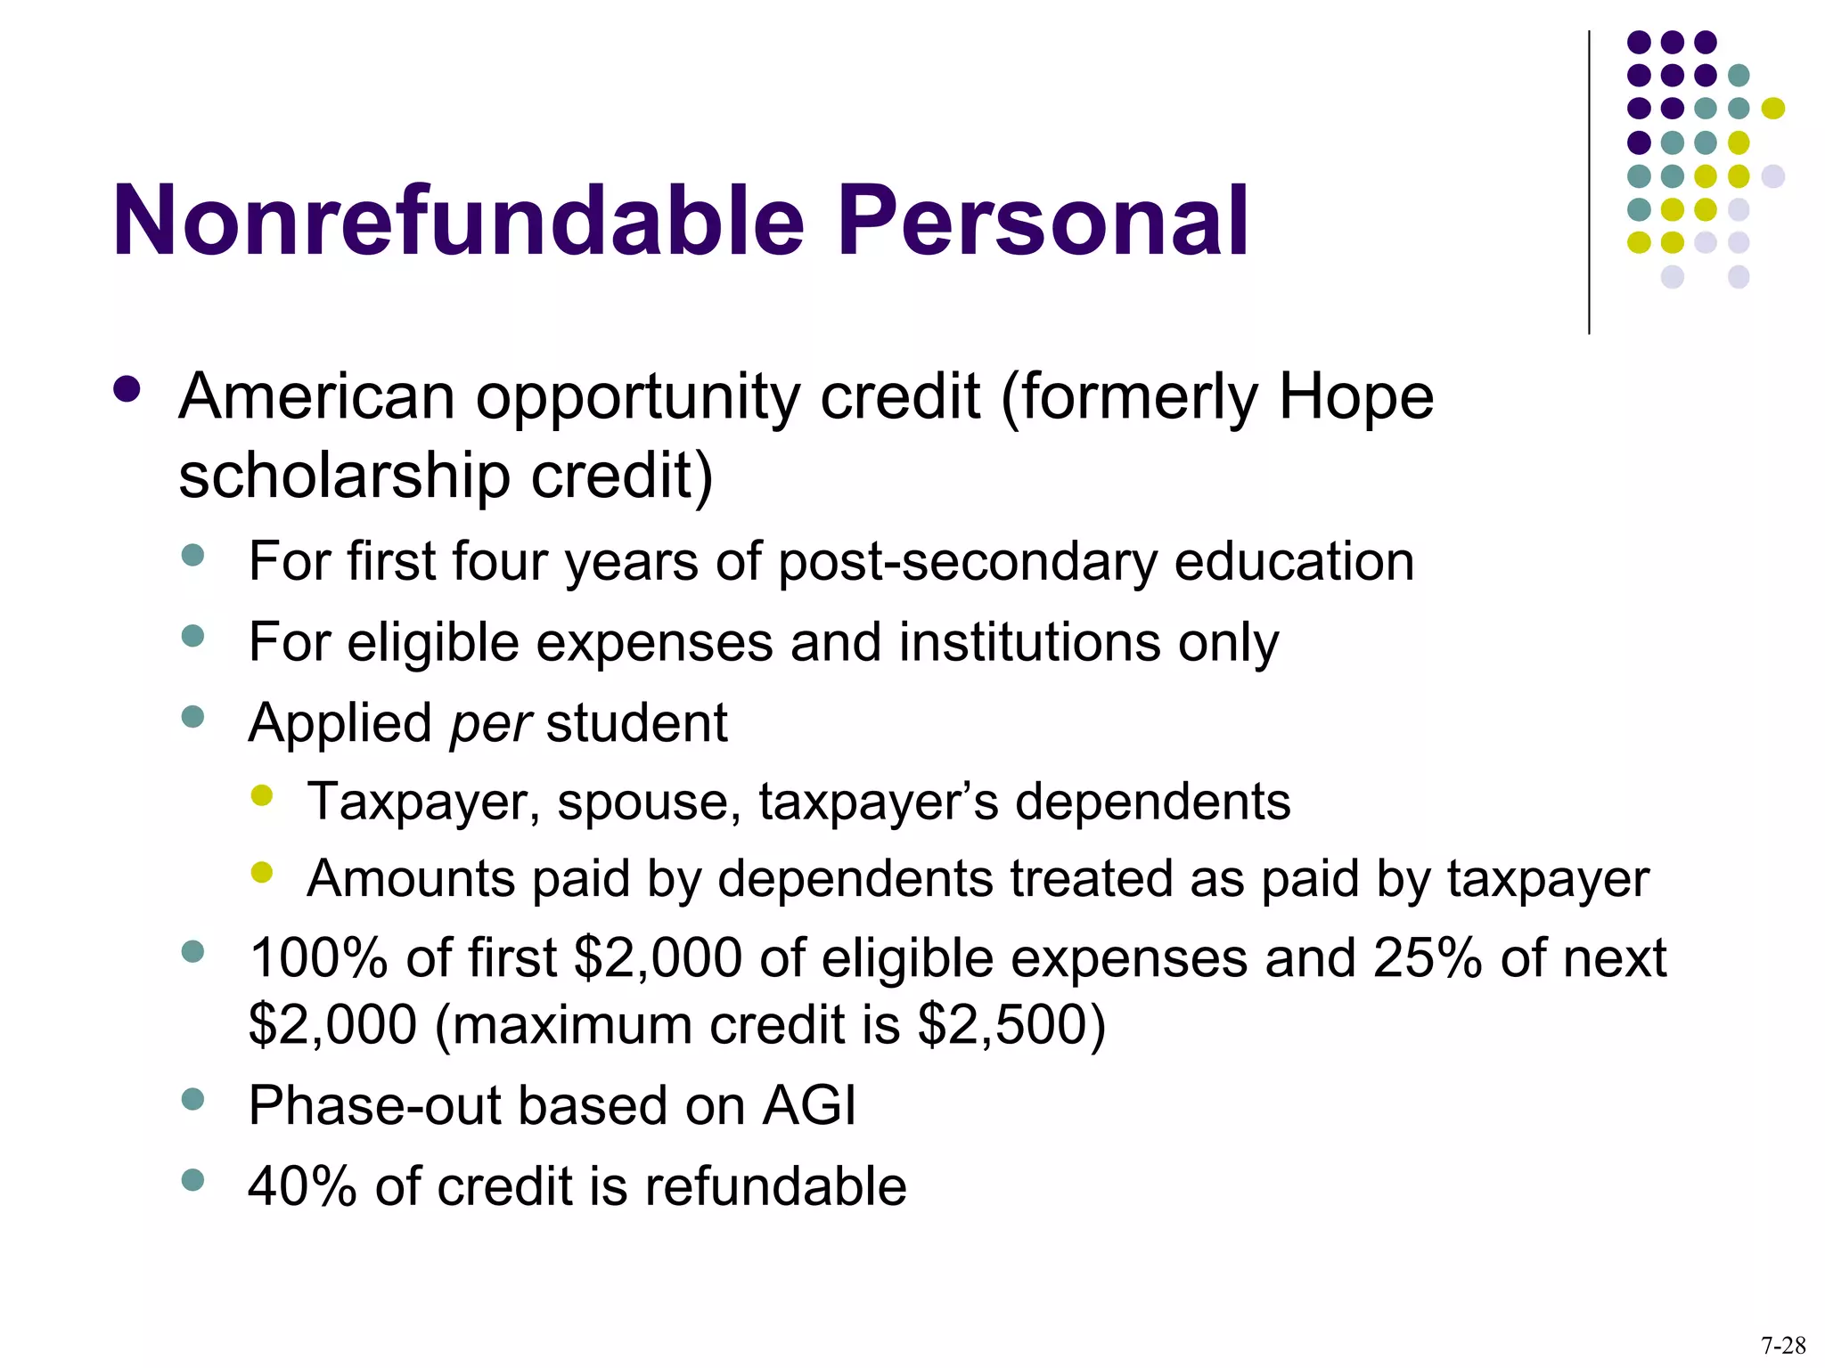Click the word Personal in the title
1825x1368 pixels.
point(1043,221)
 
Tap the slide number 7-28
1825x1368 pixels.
point(1783,1345)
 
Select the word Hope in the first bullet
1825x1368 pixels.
point(1356,397)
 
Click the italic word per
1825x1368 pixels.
point(490,723)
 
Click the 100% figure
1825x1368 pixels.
point(318,959)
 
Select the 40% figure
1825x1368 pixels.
point(302,1187)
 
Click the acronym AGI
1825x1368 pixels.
point(809,1106)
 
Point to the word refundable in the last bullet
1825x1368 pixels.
point(775,1187)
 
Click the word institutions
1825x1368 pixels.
point(1030,642)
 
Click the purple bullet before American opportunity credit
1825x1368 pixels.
point(127,390)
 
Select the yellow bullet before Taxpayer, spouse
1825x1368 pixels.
point(261,795)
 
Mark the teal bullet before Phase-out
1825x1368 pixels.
point(192,1099)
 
